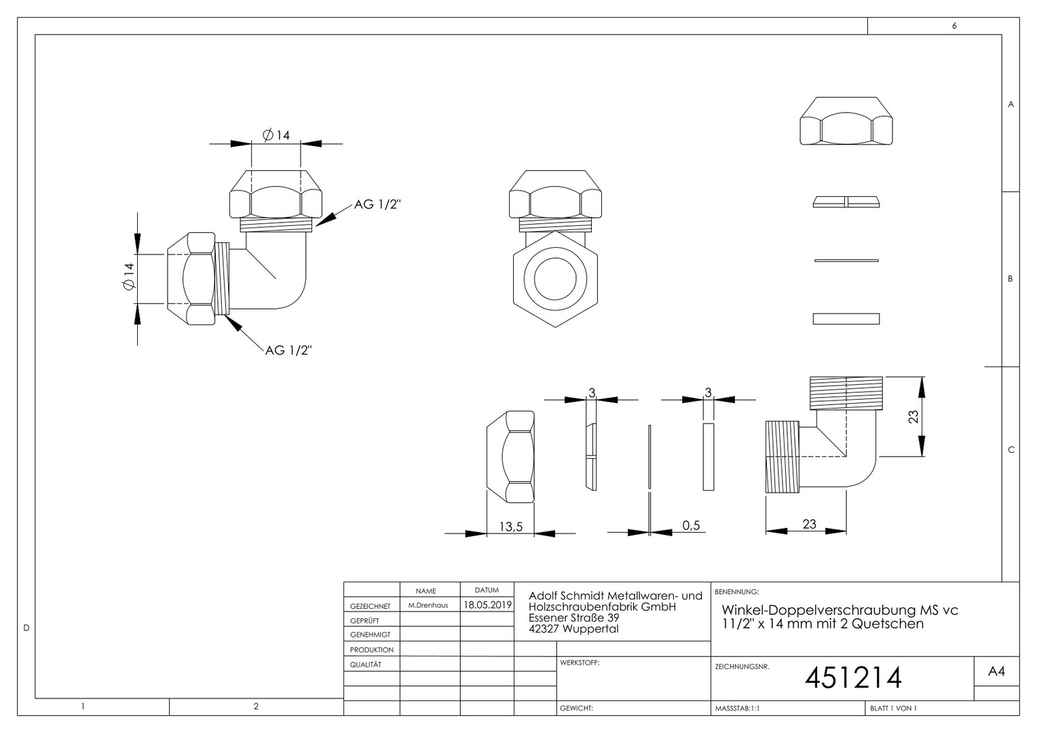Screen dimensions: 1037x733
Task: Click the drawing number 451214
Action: (853, 678)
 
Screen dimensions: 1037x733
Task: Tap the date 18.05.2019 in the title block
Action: (487, 605)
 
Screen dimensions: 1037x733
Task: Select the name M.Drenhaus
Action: (428, 605)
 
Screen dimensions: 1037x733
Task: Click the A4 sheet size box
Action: (996, 671)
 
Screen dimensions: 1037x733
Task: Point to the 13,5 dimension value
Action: (510, 527)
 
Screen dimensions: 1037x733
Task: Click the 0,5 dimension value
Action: (691, 525)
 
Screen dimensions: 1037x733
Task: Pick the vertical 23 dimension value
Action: (913, 417)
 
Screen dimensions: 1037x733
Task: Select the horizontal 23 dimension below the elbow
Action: (809, 524)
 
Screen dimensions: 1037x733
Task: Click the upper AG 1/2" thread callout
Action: (377, 204)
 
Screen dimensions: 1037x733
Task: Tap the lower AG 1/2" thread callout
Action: (288, 350)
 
